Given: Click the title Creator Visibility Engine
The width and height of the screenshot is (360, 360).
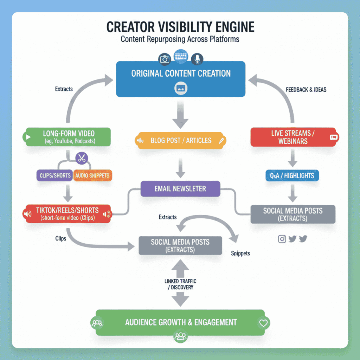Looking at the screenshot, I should (x=180, y=27).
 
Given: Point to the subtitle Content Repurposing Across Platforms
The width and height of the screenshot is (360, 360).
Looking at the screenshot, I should (x=180, y=39).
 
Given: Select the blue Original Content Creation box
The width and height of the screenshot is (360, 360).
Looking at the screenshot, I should (x=181, y=79).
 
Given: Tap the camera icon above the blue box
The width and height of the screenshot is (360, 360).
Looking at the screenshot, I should (x=165, y=59).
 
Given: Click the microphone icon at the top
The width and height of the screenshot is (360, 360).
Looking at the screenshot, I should (x=197, y=59).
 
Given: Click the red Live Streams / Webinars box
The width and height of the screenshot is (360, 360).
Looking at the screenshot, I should (x=293, y=137).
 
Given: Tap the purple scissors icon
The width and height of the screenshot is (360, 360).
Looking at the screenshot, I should (x=82, y=158).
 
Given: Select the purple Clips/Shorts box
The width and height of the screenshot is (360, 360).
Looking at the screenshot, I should (x=54, y=175).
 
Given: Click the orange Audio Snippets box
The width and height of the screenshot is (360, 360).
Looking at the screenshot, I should (x=92, y=175).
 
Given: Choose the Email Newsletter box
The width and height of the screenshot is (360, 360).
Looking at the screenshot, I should (x=180, y=189).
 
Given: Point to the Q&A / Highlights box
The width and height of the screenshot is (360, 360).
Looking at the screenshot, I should (x=292, y=175).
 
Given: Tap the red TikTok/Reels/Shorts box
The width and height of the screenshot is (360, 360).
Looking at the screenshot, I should (x=67, y=213).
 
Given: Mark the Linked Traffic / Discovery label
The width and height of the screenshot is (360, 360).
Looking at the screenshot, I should (x=180, y=284).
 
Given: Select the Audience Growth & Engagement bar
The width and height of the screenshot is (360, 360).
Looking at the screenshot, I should (x=180, y=322).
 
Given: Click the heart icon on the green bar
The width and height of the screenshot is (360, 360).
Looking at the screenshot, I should (x=264, y=322).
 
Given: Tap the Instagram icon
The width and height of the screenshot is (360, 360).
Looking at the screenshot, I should (x=282, y=239).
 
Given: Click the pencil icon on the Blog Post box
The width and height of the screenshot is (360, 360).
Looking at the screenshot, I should (x=221, y=141).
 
